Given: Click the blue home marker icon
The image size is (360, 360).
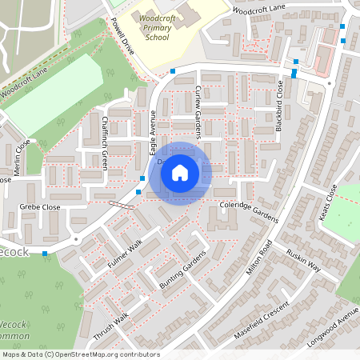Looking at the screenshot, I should (x=180, y=172).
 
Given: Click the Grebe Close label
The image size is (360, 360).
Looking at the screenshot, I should (x=39, y=206).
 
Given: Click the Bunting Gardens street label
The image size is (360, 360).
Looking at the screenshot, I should (x=183, y=272).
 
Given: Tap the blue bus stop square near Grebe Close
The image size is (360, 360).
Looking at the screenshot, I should (x=45, y=253).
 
